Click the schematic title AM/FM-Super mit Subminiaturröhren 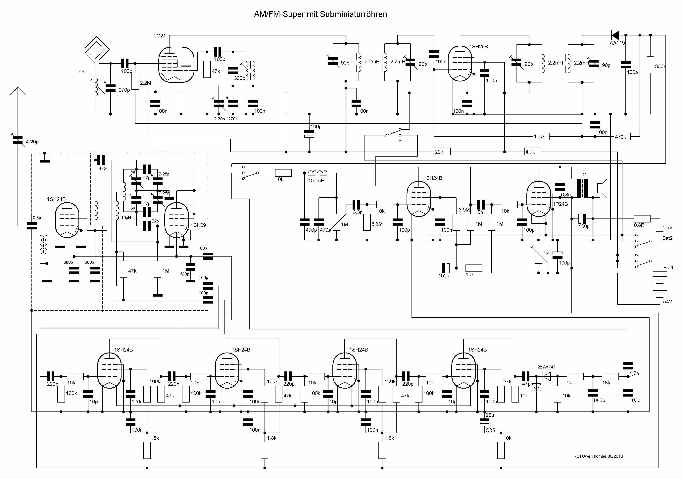(x=320, y=14)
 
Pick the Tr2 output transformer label (x=582, y=175)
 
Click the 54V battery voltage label (x=667, y=301)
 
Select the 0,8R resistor (x=642, y=219)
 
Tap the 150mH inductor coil (x=317, y=173)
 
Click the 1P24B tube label (x=560, y=204)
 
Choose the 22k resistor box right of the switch (x=442, y=152)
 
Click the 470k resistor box (x=622, y=137)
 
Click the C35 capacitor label (x=490, y=430)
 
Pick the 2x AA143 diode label (x=546, y=367)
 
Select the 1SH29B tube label (x=479, y=46)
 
